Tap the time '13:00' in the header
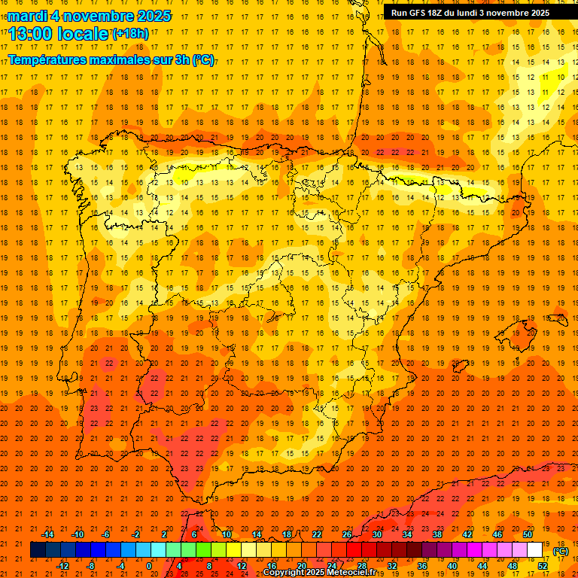click(x=31, y=34)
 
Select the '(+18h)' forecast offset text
click(x=129, y=34)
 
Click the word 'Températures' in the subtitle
click(x=47, y=59)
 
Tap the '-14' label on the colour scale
click(x=48, y=534)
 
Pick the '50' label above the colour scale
click(x=528, y=534)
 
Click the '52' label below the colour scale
click(x=542, y=566)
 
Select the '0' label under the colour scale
click(x=148, y=566)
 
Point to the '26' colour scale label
click(x=347, y=534)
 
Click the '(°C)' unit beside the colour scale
click(x=561, y=551)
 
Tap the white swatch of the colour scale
click(x=534, y=550)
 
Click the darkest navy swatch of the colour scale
click(x=38, y=550)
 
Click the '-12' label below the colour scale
click(x=63, y=566)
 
